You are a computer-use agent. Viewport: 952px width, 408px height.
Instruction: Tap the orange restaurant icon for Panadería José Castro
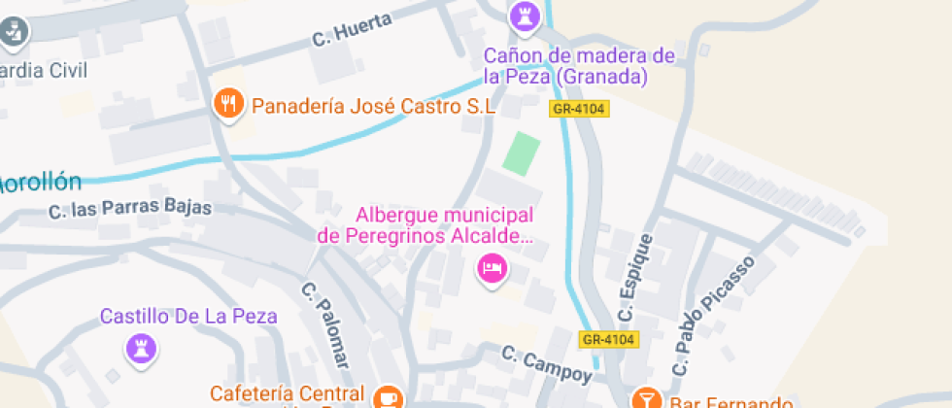tap(228, 104)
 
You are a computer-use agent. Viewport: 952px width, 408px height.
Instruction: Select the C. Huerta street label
tap(352, 30)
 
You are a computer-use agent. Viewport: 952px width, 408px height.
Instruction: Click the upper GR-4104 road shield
tap(579, 109)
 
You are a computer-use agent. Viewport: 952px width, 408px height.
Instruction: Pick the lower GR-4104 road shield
tap(608, 339)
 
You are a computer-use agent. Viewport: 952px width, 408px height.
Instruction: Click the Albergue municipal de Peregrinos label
tap(427, 225)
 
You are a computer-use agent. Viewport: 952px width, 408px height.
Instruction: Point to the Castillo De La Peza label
tap(189, 317)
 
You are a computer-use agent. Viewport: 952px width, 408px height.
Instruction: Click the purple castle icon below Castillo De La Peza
tap(142, 349)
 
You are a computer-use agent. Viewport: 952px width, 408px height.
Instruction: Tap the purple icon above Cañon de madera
tap(524, 15)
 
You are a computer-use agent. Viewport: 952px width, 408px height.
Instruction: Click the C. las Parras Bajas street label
tap(129, 210)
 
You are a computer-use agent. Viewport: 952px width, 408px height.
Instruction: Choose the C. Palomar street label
tap(324, 326)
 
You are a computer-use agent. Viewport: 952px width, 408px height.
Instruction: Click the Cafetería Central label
tap(288, 395)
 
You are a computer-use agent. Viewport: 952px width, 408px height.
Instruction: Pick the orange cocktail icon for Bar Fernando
tap(645, 398)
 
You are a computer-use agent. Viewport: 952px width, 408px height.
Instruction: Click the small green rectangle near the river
tap(522, 154)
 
